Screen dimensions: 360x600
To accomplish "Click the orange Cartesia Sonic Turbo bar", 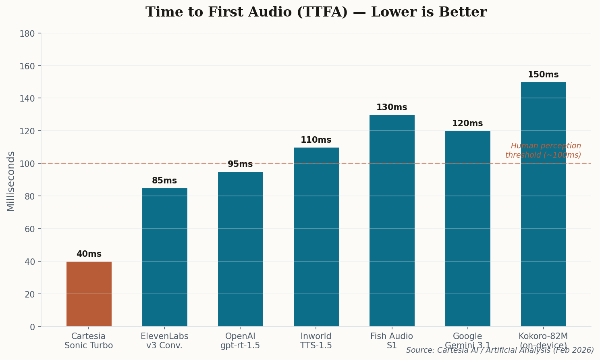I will pos(89,294).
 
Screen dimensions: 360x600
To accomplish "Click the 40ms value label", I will pos(89,254).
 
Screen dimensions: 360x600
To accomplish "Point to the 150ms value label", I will pos(543,75).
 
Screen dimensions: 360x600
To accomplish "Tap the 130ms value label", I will pos(392,108).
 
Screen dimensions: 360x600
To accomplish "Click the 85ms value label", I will pos(164,181).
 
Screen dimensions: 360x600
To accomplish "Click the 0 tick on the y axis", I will pos(32,327).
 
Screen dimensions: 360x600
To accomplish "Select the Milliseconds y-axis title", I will pos(11,181).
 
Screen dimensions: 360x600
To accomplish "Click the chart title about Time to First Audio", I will pos(316,12).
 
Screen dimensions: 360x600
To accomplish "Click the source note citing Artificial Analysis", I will pos(500,350).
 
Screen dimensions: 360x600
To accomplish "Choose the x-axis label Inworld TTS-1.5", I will pos(316,341).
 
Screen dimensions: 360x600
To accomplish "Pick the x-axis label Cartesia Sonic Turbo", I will pos(89,341).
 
